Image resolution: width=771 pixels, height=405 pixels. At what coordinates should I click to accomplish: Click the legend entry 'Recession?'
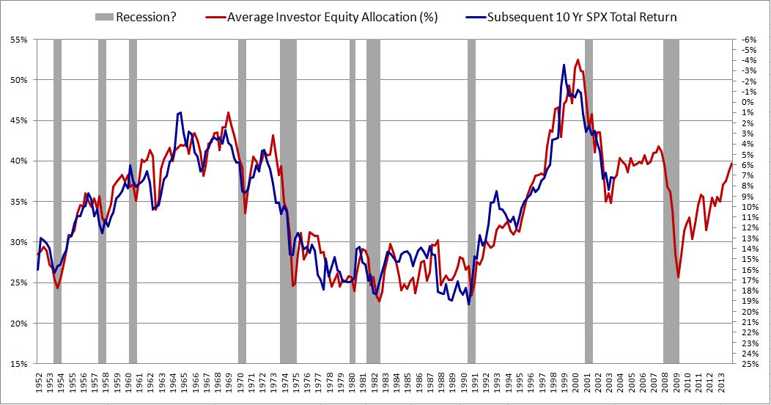coord(144,17)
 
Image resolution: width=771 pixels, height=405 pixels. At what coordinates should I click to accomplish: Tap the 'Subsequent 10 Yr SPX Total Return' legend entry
coord(582,17)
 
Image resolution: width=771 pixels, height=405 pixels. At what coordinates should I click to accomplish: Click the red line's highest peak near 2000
coord(578,59)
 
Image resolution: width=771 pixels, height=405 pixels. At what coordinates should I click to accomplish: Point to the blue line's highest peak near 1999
coord(564,65)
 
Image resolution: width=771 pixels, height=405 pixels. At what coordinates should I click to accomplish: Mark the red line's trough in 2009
coord(679,277)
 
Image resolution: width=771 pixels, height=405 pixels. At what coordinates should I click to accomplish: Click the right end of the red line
coord(731,162)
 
